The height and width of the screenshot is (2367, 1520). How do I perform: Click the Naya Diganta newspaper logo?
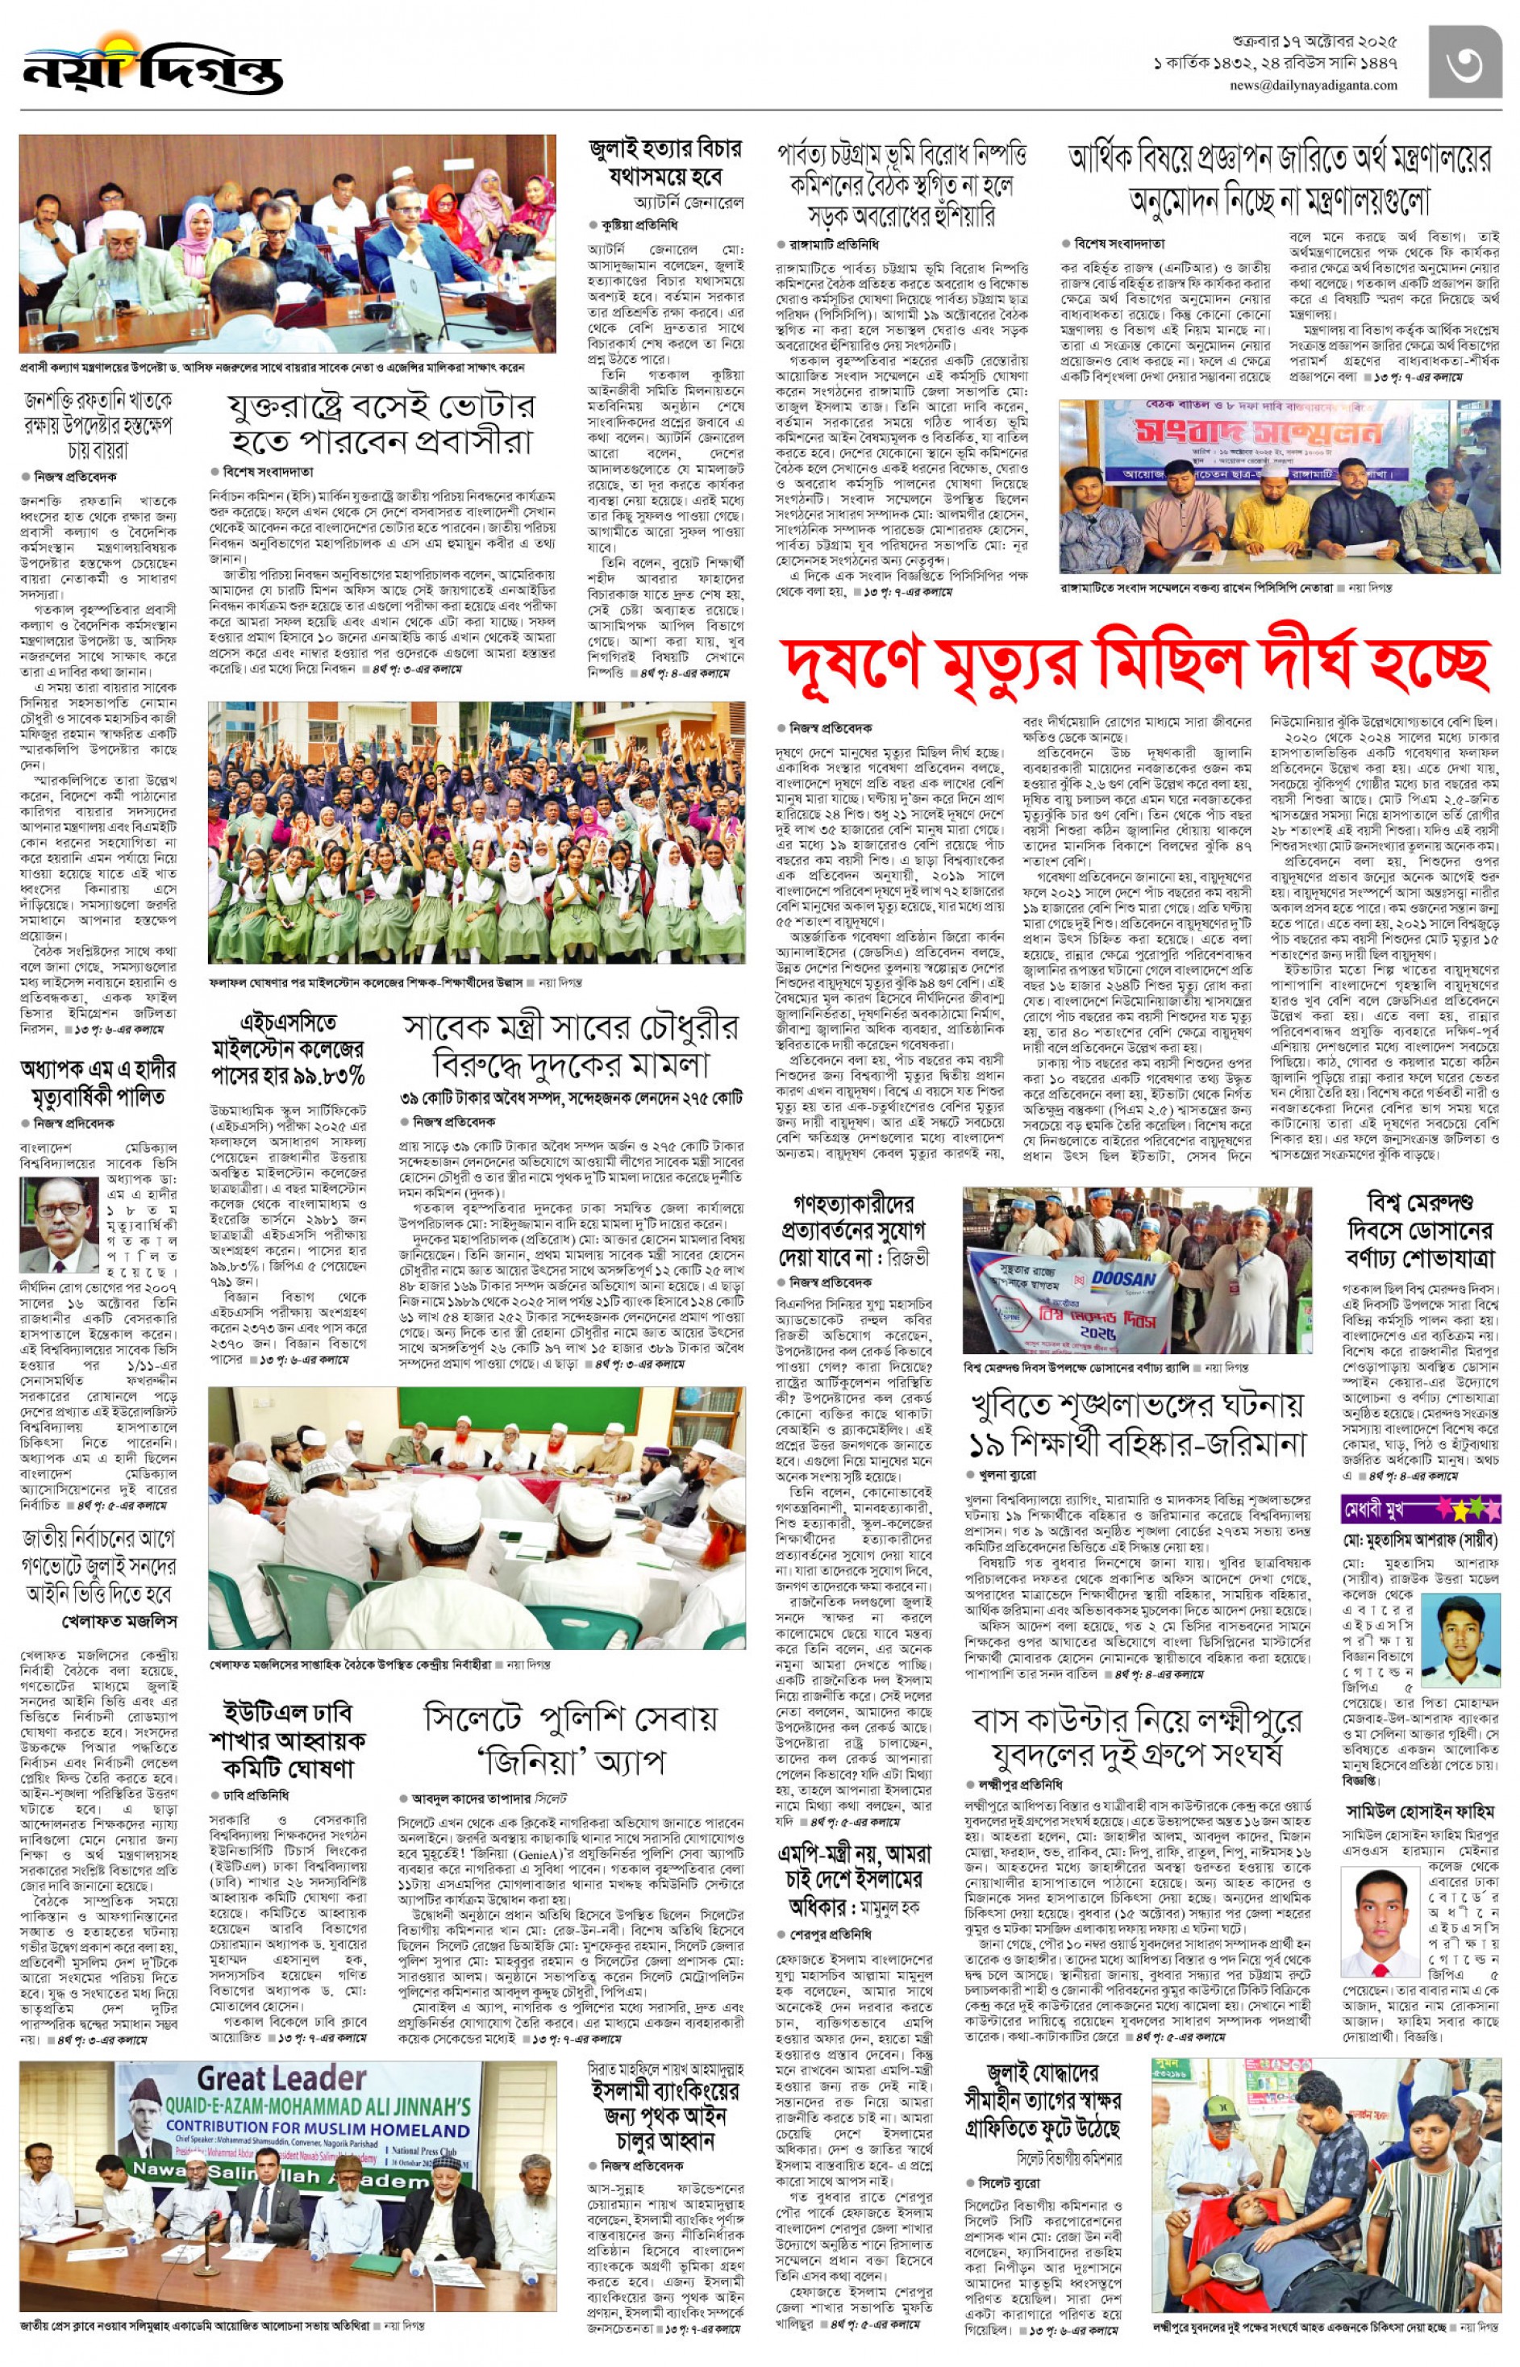[x=153, y=66]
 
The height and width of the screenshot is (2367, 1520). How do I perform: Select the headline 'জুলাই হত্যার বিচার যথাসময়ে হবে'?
[x=664, y=164]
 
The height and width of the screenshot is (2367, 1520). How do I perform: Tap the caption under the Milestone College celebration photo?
[x=395, y=982]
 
